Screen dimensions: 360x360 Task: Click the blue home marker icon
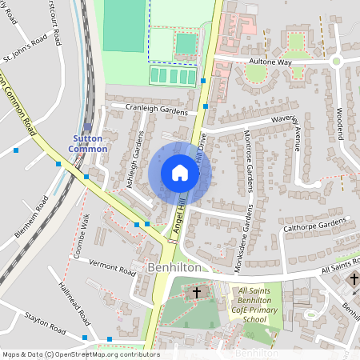tap(179, 173)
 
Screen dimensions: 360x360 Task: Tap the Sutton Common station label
tap(87, 143)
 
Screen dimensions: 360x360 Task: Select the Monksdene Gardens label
tap(250, 235)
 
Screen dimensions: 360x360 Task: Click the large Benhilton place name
tap(174, 268)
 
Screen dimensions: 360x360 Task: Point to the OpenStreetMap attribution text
tap(80, 354)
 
